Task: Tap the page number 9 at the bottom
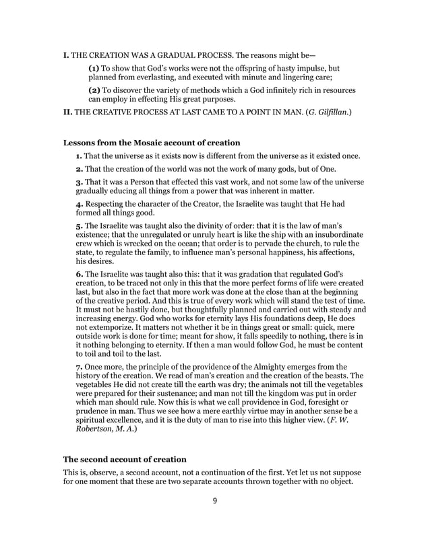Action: [214, 500]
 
